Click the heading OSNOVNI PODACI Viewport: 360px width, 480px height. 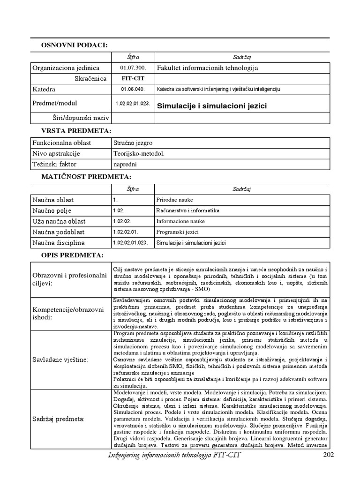75,45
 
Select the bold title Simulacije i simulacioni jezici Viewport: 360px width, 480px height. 211,106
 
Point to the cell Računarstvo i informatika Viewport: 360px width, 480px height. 187,210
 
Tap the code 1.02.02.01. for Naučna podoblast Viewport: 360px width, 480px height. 126,232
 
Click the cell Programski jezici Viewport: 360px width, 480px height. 176,232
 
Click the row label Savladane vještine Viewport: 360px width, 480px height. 60,359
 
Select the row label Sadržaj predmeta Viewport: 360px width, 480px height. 58,418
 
